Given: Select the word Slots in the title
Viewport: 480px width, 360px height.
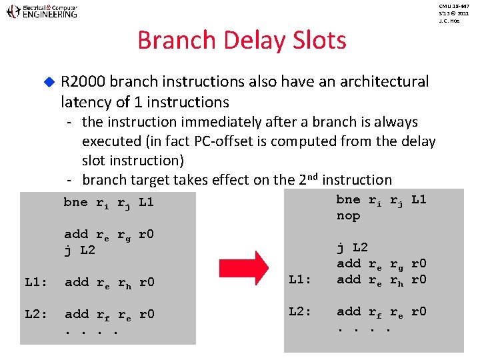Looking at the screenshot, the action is click(x=319, y=41).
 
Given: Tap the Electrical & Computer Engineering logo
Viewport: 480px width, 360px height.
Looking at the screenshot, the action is click(x=41, y=11).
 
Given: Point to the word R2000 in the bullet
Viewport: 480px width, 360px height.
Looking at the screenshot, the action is click(x=83, y=82).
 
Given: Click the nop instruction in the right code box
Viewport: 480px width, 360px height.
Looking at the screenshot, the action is click(x=348, y=216).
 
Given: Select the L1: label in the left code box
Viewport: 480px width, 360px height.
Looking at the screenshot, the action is click(x=35, y=282).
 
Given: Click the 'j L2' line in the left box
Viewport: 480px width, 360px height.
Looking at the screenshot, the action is click(x=79, y=250).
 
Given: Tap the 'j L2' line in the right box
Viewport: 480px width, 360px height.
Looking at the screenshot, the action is click(x=352, y=248).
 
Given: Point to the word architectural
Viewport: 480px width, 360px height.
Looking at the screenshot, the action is click(x=384, y=82).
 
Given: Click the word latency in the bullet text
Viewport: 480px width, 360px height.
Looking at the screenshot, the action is click(x=83, y=102).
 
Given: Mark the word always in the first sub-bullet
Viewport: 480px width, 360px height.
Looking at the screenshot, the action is click(x=397, y=122).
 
